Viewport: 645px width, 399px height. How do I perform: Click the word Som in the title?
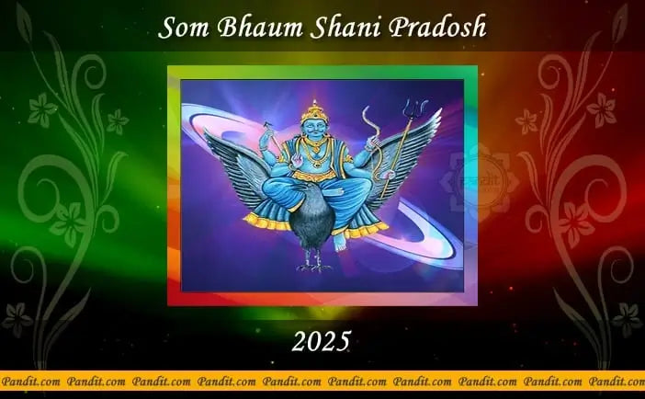click(x=184, y=28)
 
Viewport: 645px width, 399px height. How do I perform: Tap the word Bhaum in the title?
click(x=260, y=28)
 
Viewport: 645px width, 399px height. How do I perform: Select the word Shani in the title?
click(x=346, y=28)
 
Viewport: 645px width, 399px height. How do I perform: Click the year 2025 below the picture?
click(x=321, y=341)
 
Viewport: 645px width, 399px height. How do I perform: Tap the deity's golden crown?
click(x=314, y=110)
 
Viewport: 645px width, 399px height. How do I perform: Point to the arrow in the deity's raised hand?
click(x=273, y=135)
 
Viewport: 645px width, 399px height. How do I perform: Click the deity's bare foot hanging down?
click(x=339, y=243)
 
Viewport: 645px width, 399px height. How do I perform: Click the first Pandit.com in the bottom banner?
click(x=31, y=382)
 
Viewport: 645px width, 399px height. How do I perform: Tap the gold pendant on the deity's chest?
click(x=316, y=164)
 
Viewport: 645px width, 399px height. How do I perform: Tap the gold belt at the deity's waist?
click(x=314, y=176)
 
